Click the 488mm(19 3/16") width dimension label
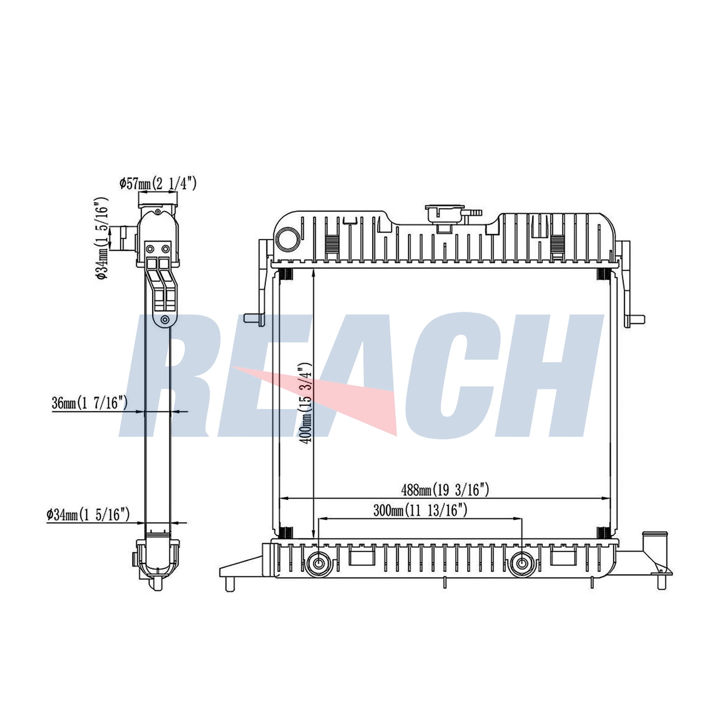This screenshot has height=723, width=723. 445,489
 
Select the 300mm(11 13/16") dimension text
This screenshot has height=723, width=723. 420,511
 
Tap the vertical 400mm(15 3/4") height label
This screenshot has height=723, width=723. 306,403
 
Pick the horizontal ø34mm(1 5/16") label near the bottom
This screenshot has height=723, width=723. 88,514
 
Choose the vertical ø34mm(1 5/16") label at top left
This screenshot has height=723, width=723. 102,238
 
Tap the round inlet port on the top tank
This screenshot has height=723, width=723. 288,239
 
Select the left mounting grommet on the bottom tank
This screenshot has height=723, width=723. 319,563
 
